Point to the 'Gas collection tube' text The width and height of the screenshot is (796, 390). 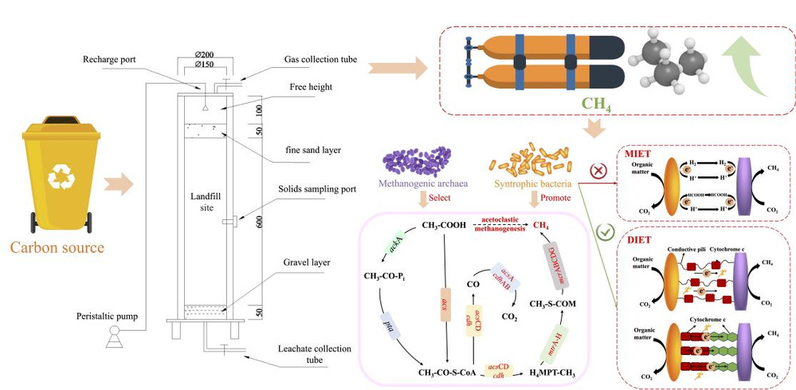(321, 60)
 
